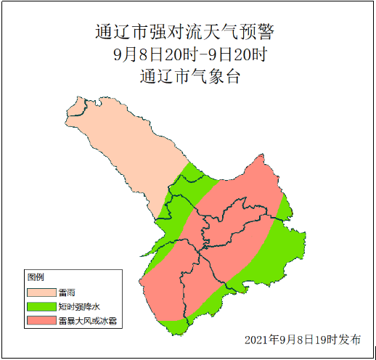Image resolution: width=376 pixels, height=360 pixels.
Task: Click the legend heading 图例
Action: (x=36, y=277)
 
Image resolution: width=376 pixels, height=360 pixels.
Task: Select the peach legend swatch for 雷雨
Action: (x=41, y=292)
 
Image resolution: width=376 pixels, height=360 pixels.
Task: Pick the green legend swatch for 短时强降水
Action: (x=41, y=306)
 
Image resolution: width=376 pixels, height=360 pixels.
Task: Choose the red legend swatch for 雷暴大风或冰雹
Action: (x=41, y=319)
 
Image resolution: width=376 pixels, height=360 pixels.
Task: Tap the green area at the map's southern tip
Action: (x=178, y=327)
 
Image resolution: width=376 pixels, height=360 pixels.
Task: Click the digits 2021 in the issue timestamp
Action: (x=256, y=340)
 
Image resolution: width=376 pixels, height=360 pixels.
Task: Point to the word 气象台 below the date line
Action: (x=211, y=76)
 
